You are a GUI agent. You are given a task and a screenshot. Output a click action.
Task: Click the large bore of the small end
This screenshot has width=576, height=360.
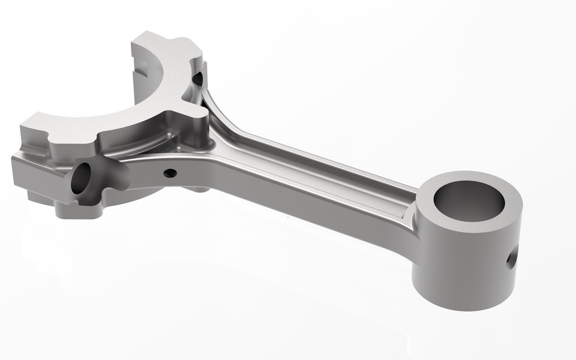point(469,200)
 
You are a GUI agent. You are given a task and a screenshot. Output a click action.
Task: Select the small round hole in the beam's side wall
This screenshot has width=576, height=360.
point(170,173)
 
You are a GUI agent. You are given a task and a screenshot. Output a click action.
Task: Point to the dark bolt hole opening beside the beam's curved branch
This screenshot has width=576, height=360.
point(197,77)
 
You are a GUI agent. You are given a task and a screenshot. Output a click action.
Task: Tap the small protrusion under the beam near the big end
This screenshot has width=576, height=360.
point(198,189)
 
